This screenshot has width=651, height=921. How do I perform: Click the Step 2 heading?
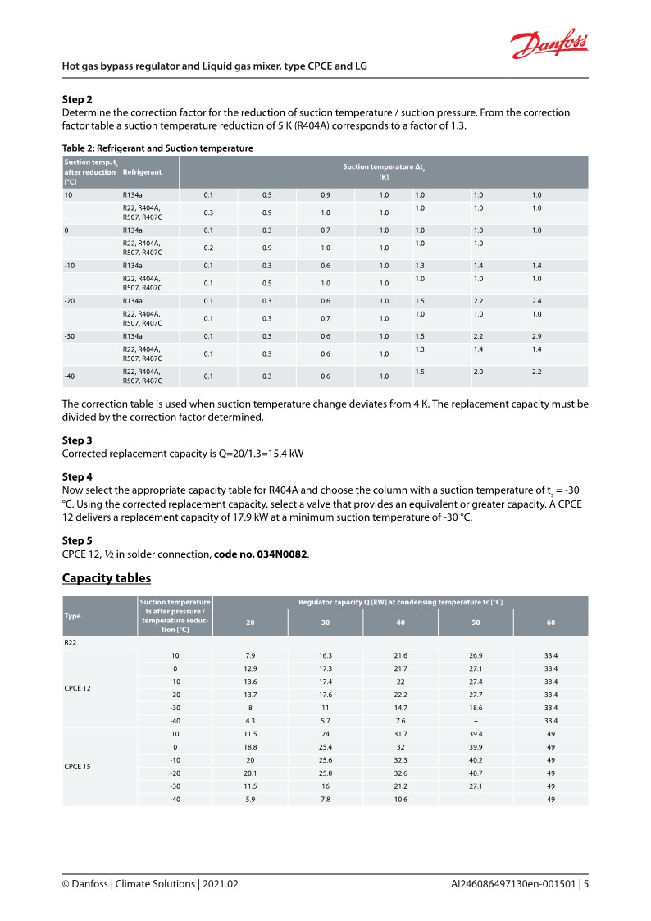click(x=77, y=98)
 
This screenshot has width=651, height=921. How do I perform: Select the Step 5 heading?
click(x=77, y=540)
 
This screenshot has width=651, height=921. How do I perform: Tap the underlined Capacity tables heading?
click(x=107, y=578)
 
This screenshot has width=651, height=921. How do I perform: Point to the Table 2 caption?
click(x=157, y=148)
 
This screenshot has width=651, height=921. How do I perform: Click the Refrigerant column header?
click(x=142, y=171)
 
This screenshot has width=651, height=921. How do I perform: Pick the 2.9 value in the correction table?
click(x=537, y=335)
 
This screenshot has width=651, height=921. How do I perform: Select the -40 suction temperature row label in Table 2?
click(x=71, y=376)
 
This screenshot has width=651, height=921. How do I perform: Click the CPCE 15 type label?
click(x=79, y=765)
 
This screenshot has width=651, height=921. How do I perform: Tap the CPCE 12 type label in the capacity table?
click(x=79, y=688)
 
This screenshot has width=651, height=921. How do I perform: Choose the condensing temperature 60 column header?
click(x=551, y=622)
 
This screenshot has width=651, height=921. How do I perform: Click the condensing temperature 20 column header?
click(x=250, y=622)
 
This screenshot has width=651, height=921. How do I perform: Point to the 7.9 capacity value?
click(x=250, y=656)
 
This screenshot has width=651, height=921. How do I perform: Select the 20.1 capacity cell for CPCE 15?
click(x=250, y=772)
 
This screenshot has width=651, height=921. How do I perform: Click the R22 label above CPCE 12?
click(x=71, y=643)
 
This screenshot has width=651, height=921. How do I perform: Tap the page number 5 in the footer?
click(x=586, y=885)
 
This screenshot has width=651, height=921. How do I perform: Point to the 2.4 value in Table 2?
click(x=537, y=300)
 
